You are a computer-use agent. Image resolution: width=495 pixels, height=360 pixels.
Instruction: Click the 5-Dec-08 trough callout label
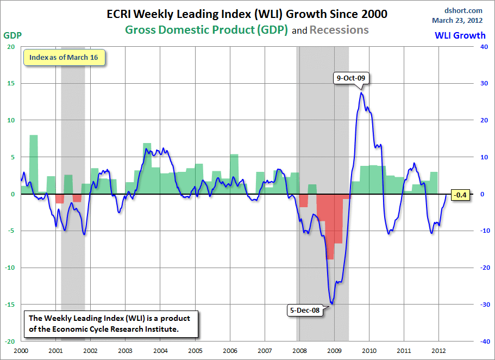coord(304,311)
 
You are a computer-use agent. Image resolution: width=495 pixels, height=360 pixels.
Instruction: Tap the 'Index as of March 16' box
coord(64,58)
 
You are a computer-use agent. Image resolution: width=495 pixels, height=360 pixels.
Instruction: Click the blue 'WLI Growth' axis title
coord(460,35)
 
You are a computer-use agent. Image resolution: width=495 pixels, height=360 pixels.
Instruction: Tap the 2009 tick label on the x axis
coord(335,351)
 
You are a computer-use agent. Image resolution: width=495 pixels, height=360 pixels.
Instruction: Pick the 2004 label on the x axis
coord(160,351)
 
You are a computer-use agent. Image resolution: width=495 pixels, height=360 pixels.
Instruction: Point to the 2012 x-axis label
coord(439,351)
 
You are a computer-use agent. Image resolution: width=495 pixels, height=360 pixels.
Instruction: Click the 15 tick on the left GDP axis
coord(11,83)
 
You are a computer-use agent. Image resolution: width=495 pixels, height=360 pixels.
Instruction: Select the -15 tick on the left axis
coord(10,305)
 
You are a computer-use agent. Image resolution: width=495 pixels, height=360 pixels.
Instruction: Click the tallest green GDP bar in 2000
coord(34,163)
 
